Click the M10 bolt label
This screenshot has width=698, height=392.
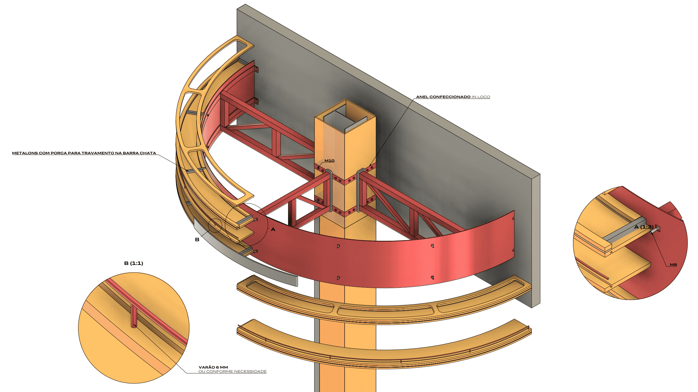329,161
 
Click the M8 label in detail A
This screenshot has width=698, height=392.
673,265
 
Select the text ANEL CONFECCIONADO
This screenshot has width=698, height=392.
443,97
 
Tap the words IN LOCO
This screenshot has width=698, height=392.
481,97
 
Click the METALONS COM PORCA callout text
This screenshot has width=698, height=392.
84,153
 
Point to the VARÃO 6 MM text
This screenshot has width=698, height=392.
213,367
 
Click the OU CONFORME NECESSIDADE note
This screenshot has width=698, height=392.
232,372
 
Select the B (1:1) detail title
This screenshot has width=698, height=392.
134,263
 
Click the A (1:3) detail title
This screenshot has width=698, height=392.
643,227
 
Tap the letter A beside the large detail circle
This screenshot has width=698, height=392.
273,229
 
